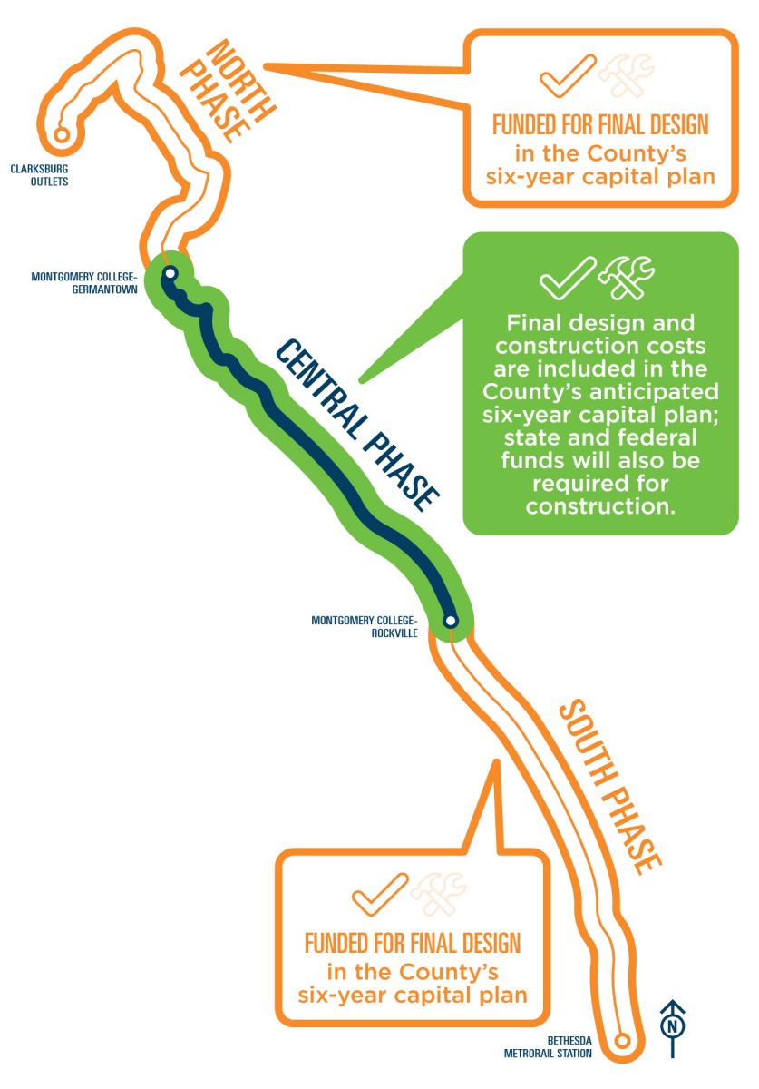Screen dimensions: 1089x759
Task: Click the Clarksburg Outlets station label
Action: [x=39, y=174]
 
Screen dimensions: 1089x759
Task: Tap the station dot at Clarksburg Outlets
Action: [x=62, y=134]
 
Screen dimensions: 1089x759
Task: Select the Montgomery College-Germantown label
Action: [x=83, y=282]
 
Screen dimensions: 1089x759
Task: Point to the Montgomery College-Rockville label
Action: [x=364, y=627]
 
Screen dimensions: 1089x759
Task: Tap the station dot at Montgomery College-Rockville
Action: [x=451, y=621]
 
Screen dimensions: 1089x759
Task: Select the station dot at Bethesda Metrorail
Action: [x=622, y=1041]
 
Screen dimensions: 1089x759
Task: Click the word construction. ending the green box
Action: [x=600, y=505]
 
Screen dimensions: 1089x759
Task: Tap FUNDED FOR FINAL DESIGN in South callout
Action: [x=413, y=942]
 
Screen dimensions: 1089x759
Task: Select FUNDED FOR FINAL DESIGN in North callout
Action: [x=599, y=124]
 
